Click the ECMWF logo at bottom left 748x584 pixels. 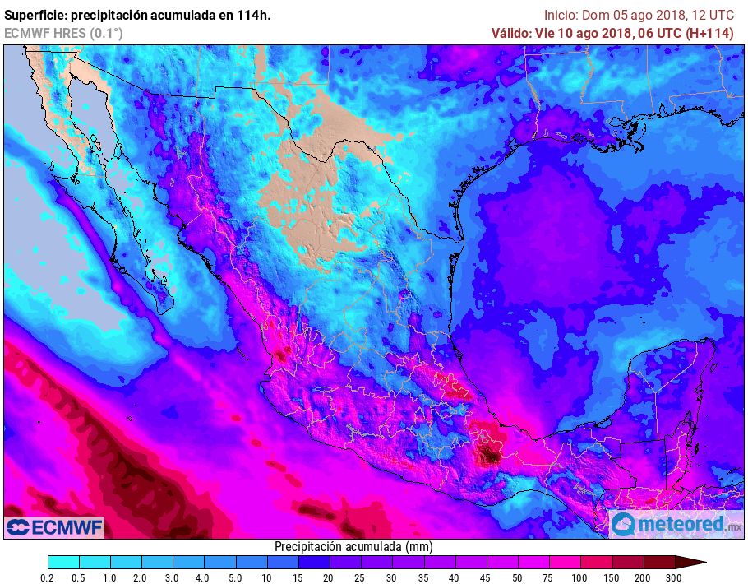[54, 526]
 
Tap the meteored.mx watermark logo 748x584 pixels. [676, 524]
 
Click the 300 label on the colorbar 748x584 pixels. [674, 578]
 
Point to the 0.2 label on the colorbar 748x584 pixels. [48, 578]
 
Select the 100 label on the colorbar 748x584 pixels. [580, 578]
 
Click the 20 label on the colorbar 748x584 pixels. [329, 578]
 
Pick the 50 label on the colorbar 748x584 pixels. [517, 578]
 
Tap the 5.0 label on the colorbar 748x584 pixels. [235, 578]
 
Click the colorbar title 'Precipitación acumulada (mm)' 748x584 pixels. [353, 547]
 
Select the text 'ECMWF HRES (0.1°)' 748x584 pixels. [63, 33]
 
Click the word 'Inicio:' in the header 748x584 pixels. [561, 15]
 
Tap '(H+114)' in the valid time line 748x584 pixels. [709, 33]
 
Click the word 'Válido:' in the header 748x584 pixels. [513, 33]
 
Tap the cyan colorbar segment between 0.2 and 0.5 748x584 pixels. [63, 563]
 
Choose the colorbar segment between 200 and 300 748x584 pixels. [658, 563]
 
